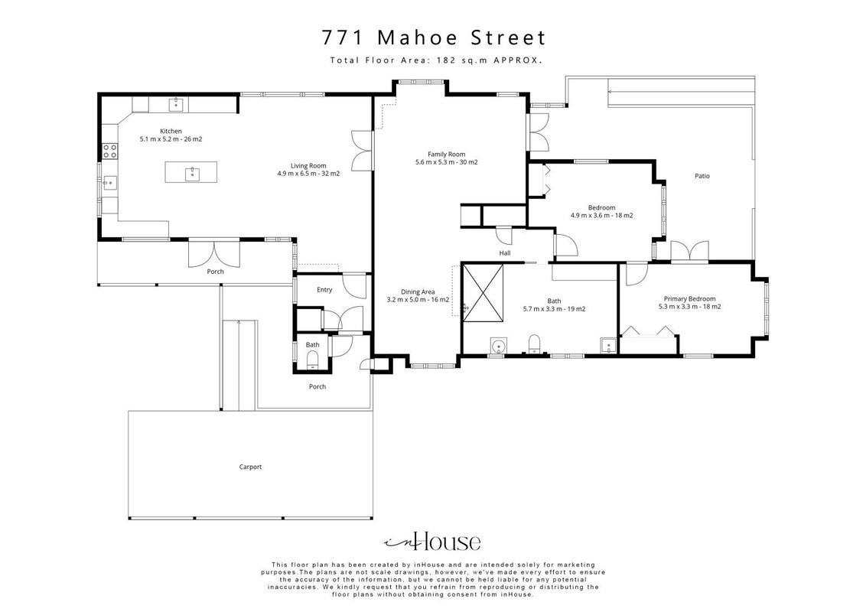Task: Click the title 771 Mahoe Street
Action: point(434,38)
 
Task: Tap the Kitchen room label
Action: point(171,131)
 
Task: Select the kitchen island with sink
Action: point(191,172)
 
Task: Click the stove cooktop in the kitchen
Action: point(109,151)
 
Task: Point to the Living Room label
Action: point(308,166)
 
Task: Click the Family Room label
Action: point(446,154)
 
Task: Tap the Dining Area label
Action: point(418,291)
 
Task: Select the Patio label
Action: point(702,176)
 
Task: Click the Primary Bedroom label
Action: point(689,299)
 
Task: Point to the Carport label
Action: point(250,467)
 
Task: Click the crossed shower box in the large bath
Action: point(483,291)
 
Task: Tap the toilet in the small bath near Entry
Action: point(313,361)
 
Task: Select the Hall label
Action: point(505,253)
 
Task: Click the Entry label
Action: point(324,290)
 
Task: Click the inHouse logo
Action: point(432,542)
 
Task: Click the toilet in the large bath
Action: point(534,343)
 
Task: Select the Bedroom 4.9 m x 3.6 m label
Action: point(601,212)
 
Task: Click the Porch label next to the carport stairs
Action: point(317,386)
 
